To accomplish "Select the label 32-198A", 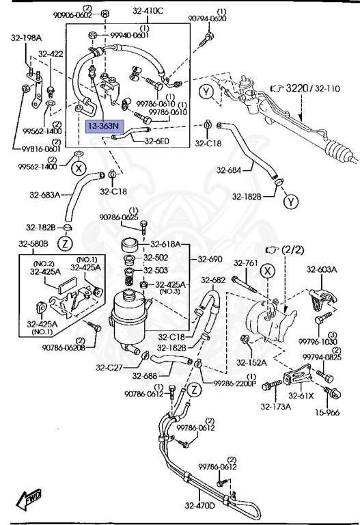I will click(25, 38).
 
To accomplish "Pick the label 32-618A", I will click(166, 244).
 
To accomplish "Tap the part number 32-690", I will click(210, 259).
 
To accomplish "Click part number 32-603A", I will click(322, 269).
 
